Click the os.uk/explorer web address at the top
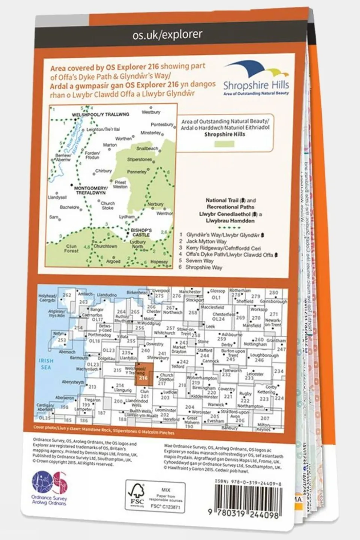click(x=167, y=35)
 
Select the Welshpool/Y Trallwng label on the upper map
click(x=100, y=114)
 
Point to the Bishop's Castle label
click(x=141, y=232)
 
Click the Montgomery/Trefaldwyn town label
click(x=90, y=190)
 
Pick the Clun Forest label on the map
click(x=71, y=248)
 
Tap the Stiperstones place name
click(x=139, y=159)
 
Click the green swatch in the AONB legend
click(x=224, y=144)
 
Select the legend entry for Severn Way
click(x=199, y=261)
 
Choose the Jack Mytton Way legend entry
click(x=206, y=242)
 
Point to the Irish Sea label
click(x=46, y=364)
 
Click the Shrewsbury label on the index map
click(x=158, y=358)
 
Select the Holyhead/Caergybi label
click(x=47, y=298)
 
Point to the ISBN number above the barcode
click(x=248, y=484)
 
